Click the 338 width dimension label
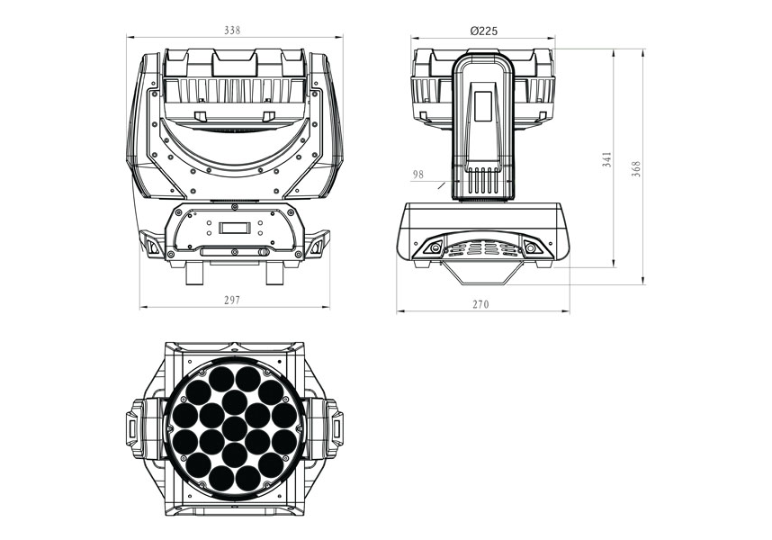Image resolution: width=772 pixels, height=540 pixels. tap(232, 31)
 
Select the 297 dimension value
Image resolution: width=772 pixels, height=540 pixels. tap(231, 300)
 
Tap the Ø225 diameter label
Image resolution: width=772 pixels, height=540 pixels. tap(483, 31)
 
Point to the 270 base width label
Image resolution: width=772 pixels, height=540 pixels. tap(481, 304)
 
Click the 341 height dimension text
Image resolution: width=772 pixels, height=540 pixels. tap(607, 159)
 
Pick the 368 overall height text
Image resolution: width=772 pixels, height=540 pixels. tap(636, 169)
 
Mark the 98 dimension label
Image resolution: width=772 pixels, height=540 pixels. tap(418, 175)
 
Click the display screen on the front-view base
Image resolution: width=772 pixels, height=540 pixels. tap(234, 228)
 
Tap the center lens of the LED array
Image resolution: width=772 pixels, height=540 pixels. tap(234, 428)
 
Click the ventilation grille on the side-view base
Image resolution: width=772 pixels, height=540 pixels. tap(483, 248)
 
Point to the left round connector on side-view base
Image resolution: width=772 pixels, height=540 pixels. tap(435, 247)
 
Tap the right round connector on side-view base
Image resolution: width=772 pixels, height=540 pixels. tap(531, 247)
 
